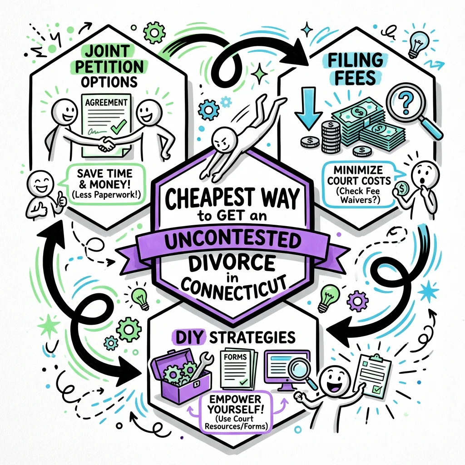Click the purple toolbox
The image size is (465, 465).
click(x=178, y=372)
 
